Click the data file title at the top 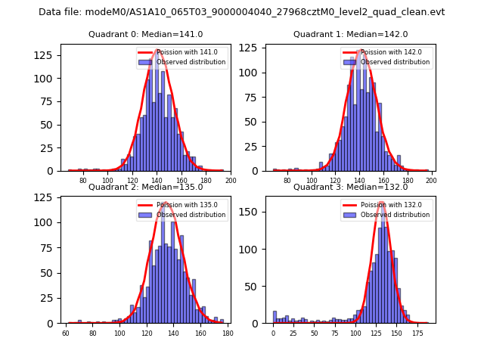pos(242,12)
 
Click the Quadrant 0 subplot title pos(146,34)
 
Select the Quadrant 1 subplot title pos(350,34)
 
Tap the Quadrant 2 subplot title pos(146,187)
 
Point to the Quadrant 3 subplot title pos(350,187)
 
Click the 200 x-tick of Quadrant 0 pos(231,181)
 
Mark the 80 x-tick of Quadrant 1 pos(287,181)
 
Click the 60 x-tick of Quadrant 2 pos(66,334)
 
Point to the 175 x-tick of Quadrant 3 pos(417,334)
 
